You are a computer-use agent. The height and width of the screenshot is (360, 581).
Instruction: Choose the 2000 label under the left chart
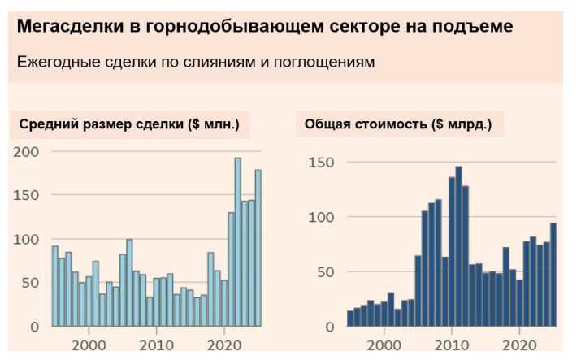89,345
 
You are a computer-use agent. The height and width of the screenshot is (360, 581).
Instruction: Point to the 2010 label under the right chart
452,345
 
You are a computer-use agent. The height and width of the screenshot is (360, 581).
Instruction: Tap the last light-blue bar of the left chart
258,248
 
